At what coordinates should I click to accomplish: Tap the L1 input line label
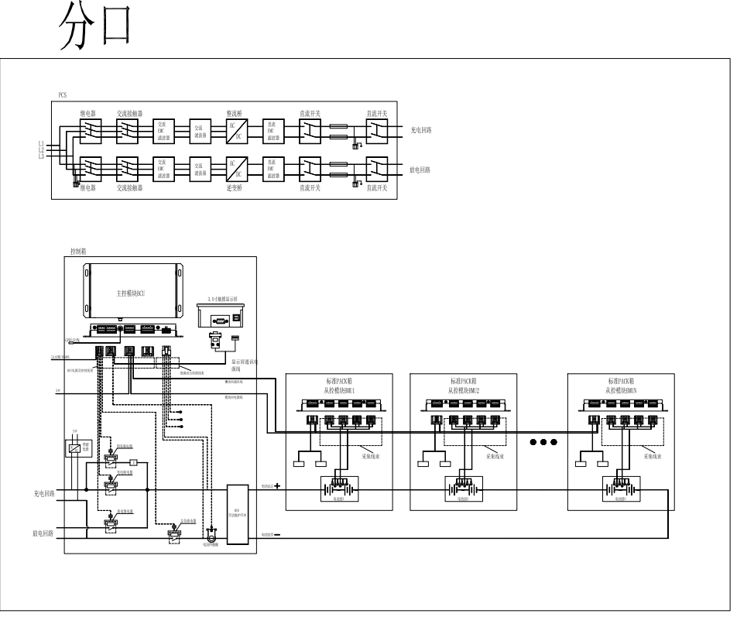pos(41,143)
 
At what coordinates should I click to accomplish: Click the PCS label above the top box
pos(63,94)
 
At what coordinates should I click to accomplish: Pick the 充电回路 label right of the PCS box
pos(421,131)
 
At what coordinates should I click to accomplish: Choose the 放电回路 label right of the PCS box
pos(420,169)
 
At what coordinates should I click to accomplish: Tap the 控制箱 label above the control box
pos(78,252)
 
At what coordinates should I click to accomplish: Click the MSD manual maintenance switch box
pos(237,514)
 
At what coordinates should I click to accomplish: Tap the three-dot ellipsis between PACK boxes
pos(543,442)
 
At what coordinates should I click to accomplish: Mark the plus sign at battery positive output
pos(276,486)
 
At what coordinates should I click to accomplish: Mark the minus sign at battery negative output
pos(276,535)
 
